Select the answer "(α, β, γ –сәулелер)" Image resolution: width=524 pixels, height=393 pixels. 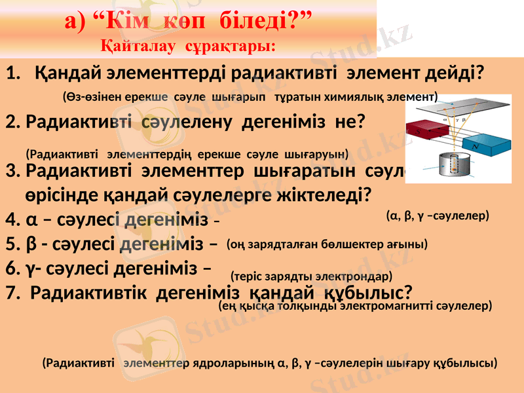438,215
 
